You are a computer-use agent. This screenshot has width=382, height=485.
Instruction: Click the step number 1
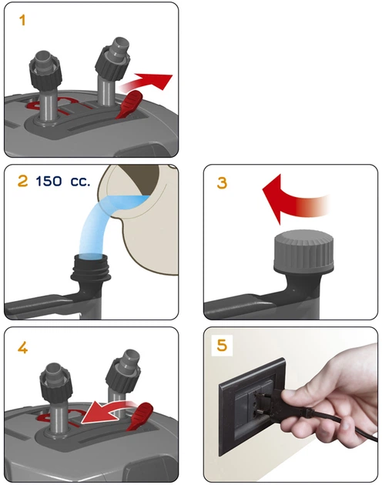[x=22, y=21]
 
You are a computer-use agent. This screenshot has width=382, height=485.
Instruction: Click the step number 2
[x=22, y=181]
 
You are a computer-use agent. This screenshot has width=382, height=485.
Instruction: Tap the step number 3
[x=222, y=182]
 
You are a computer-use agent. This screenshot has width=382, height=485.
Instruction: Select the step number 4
[x=22, y=348]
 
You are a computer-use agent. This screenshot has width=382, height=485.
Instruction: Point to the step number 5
[x=222, y=345]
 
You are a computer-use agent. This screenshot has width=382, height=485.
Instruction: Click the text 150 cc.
[x=63, y=181]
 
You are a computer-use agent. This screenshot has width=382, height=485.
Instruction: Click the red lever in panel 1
[x=129, y=105]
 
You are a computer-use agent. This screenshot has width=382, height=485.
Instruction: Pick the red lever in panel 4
[x=141, y=416]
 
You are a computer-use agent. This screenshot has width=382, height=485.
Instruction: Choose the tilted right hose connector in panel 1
[x=112, y=69]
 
